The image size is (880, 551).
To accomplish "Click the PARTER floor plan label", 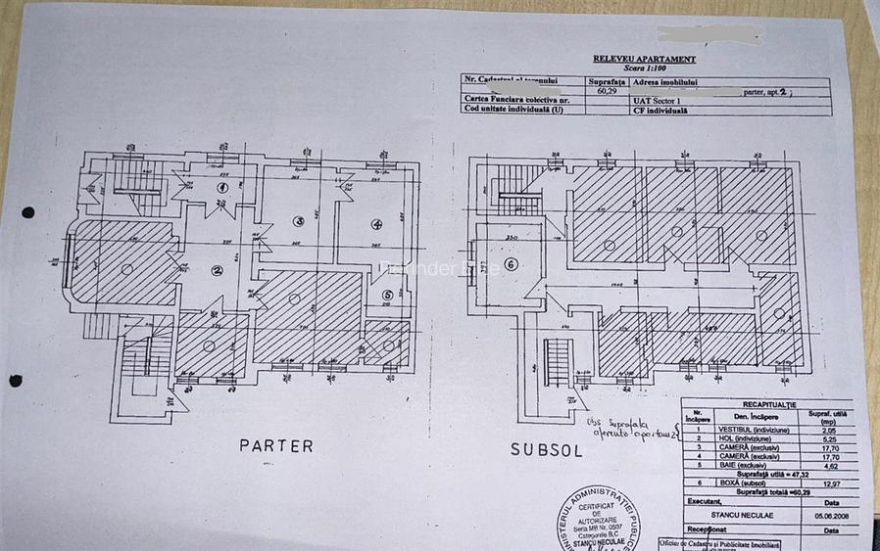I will [276, 446].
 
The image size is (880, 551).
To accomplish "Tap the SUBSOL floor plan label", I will [546, 451].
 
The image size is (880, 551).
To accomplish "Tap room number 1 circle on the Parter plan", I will [222, 187].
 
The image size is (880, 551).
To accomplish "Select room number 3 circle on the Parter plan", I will [300, 222].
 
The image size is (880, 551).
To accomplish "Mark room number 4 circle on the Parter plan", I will [376, 224].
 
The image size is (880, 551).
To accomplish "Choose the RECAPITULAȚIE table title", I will [769, 403].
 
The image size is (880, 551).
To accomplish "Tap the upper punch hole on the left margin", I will [27, 212].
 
